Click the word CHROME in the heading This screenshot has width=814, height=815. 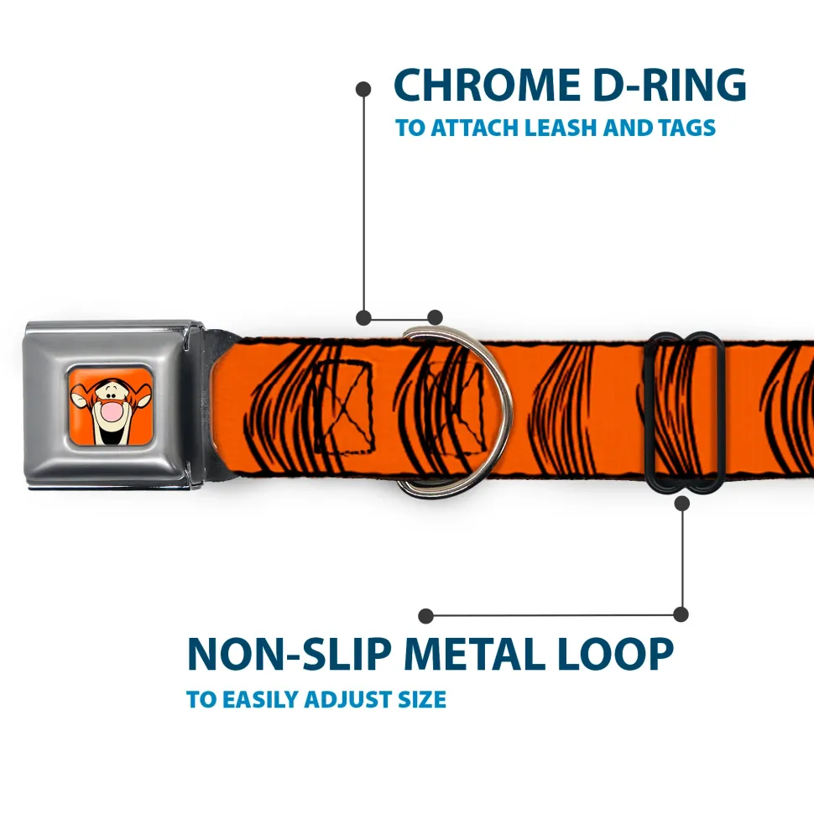(x=482, y=86)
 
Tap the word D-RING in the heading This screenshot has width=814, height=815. (x=663, y=86)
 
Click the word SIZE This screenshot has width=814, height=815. (x=422, y=699)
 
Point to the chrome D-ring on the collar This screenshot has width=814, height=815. (x=495, y=411)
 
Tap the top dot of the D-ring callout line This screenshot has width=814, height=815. (x=363, y=88)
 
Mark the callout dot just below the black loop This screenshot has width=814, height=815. (x=681, y=504)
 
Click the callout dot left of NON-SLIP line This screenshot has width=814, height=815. (x=426, y=616)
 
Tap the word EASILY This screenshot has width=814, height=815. (x=259, y=699)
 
